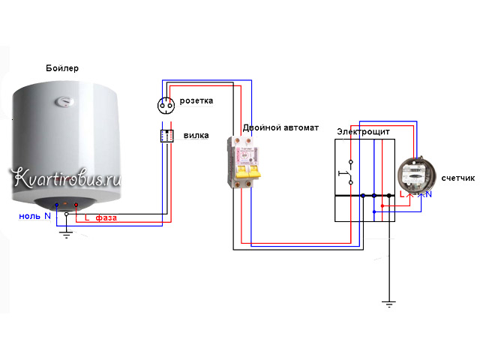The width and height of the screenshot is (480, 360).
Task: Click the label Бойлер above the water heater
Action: click(x=62, y=68)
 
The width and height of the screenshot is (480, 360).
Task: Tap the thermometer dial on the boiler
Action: click(x=64, y=102)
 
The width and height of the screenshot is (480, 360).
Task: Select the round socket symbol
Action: click(x=166, y=106)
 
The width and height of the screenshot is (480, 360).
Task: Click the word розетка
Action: click(x=196, y=100)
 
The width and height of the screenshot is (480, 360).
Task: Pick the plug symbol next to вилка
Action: click(x=166, y=136)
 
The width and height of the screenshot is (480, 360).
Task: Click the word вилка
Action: click(x=196, y=135)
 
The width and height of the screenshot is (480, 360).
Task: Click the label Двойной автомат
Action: click(x=280, y=127)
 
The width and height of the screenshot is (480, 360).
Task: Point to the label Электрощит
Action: click(x=363, y=132)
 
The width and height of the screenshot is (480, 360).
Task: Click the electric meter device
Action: click(x=416, y=175)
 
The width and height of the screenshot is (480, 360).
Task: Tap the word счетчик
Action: click(x=458, y=178)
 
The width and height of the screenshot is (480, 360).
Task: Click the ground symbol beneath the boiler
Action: click(x=67, y=235)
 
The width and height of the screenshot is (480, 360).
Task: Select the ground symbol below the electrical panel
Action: click(x=388, y=304)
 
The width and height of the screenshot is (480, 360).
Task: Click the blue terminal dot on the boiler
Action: click(x=57, y=205)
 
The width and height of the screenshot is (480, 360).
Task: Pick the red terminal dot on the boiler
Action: click(x=76, y=205)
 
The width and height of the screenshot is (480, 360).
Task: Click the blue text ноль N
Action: click(x=34, y=216)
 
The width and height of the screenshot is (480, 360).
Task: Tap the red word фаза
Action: click(x=106, y=217)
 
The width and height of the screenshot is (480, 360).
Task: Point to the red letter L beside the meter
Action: click(x=402, y=193)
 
